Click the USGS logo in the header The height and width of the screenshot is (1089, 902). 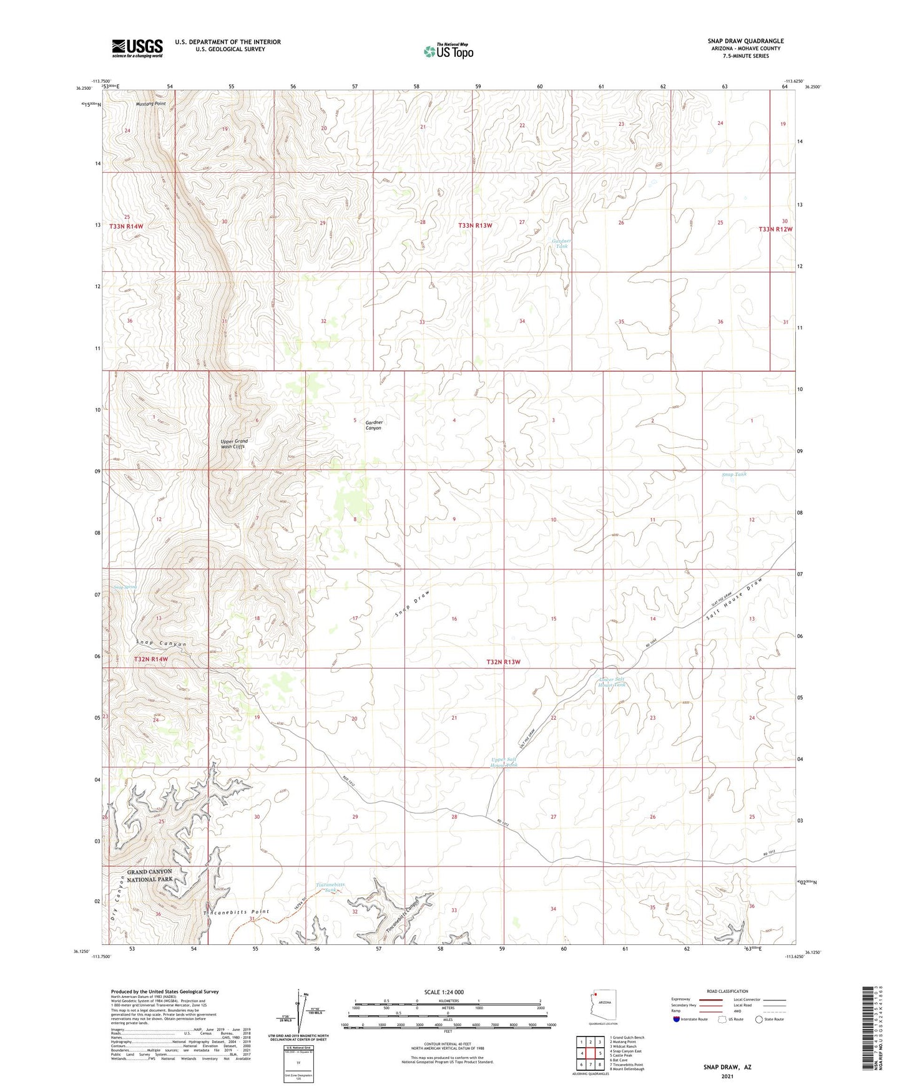137,48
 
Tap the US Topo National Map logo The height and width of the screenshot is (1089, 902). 448,51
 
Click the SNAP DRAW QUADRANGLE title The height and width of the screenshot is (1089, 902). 745,41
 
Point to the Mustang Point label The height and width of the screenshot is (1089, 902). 151,104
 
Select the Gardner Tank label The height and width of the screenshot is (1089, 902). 561,243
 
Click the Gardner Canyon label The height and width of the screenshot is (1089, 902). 373,425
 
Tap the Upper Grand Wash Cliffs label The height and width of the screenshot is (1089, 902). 234,444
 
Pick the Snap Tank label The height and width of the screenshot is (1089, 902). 733,475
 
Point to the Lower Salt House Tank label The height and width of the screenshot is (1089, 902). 612,682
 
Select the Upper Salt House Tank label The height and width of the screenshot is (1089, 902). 504,762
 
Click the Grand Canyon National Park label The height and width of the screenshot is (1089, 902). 150,875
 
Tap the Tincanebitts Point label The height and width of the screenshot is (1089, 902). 236,912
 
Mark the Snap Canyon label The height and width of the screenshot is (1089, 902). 161,643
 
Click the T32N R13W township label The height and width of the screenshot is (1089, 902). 503,662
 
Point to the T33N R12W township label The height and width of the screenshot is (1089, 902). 775,229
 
